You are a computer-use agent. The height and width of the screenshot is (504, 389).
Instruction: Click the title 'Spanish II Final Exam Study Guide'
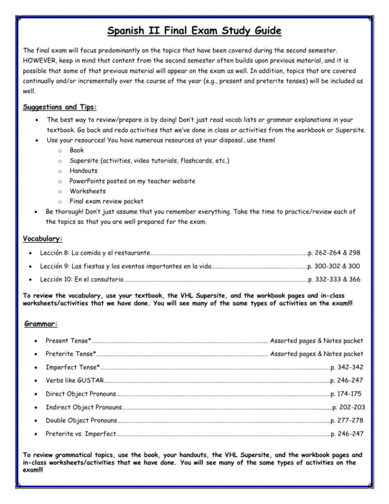(x=194, y=31)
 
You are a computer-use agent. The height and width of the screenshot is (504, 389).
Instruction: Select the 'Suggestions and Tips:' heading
(x=60, y=107)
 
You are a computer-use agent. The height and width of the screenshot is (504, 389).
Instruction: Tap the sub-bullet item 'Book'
(x=77, y=150)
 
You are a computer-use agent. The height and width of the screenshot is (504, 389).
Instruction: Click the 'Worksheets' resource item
(x=88, y=191)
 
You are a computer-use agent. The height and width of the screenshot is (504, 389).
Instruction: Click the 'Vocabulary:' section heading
(x=43, y=239)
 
